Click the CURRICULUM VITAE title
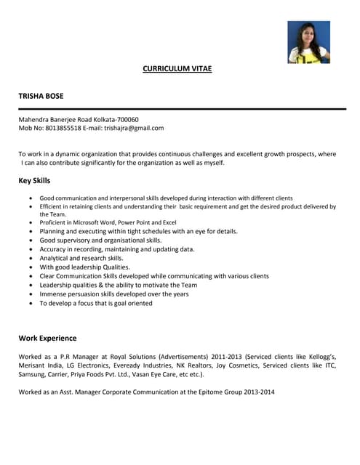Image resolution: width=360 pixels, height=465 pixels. coord(177,69)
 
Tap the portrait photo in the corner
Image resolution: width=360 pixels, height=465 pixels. coord(308,41)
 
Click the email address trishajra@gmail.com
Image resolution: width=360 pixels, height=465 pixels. coord(134,128)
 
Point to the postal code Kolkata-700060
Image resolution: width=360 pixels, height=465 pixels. coord(113,119)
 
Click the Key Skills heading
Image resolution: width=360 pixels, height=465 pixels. coord(34,180)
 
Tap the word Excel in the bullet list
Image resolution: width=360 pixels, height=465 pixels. coord(169,222)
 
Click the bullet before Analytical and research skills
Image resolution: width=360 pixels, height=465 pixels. coord(30,258)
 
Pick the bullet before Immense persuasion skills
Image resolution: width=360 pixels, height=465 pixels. coord(30,294)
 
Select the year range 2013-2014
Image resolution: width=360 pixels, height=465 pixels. coord(258,392)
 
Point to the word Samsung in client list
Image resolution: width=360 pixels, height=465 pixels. coord(33,374)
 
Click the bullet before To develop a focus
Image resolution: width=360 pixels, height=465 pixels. coord(30,304)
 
